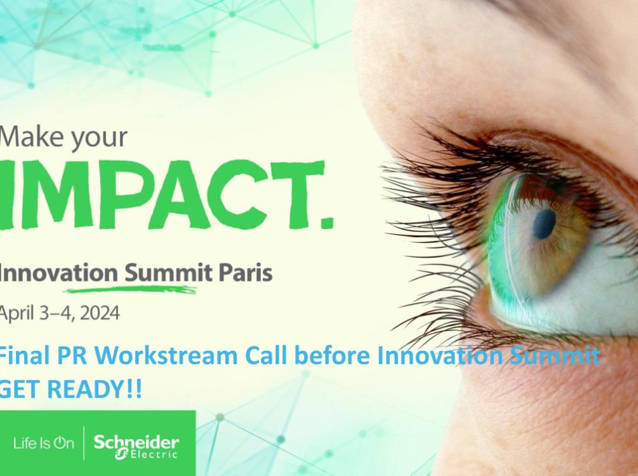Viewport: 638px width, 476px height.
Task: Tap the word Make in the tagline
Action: click(33, 137)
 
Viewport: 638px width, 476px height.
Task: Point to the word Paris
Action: click(246, 273)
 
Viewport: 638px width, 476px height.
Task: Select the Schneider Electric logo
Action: click(137, 446)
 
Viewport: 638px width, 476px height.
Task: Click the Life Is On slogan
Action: click(44, 443)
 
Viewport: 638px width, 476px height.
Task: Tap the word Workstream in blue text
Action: click(168, 355)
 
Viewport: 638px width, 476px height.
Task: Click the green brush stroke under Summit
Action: click(131, 290)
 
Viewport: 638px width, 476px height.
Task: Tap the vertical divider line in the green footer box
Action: click(84, 443)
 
